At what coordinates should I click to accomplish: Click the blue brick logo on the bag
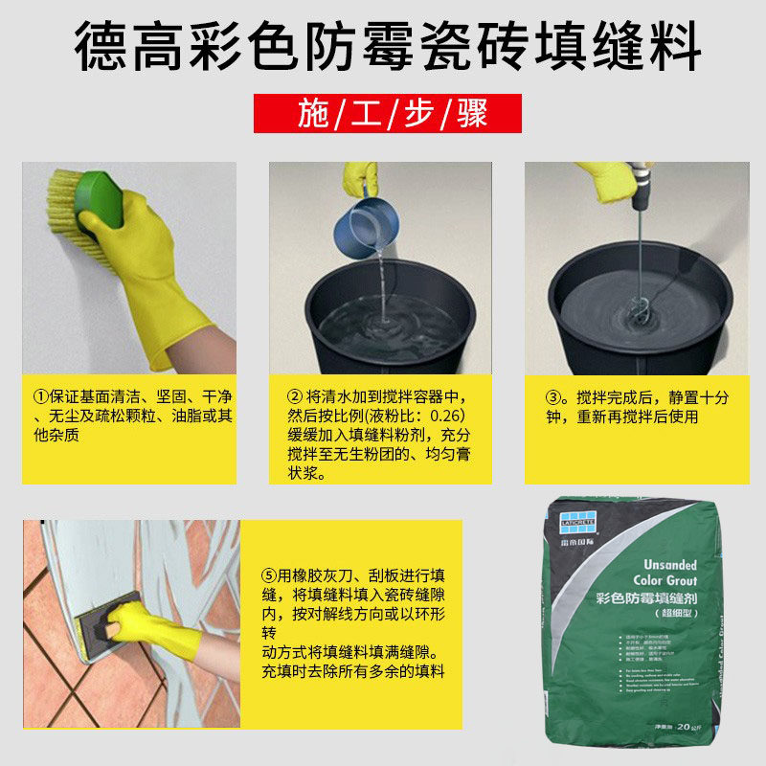[577, 521]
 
